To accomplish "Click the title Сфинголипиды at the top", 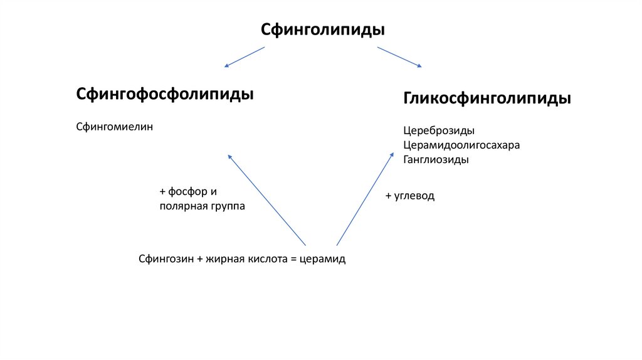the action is pos(322,29).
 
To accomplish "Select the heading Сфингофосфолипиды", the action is pos(165,95).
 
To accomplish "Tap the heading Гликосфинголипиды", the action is pos(487,99).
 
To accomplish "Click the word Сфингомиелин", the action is pos(115,127).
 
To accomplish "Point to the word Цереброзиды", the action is pos(439,131).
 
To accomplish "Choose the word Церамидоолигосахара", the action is pos(461,146).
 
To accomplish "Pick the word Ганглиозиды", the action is pos(436,160).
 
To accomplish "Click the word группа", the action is pos(226,206).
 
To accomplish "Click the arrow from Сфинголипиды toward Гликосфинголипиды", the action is pos(399,56).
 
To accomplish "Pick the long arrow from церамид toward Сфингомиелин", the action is pos(266,199).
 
